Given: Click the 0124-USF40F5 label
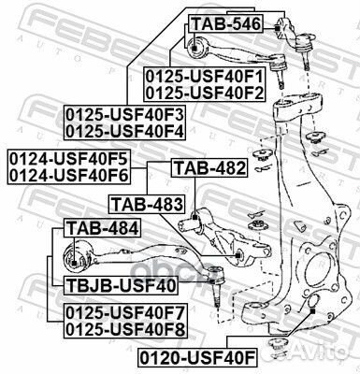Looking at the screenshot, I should (x=67, y=156).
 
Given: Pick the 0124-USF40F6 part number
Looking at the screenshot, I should (x=67, y=172).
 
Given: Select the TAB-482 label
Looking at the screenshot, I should (x=209, y=168).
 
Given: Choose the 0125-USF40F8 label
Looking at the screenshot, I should (x=123, y=327).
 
